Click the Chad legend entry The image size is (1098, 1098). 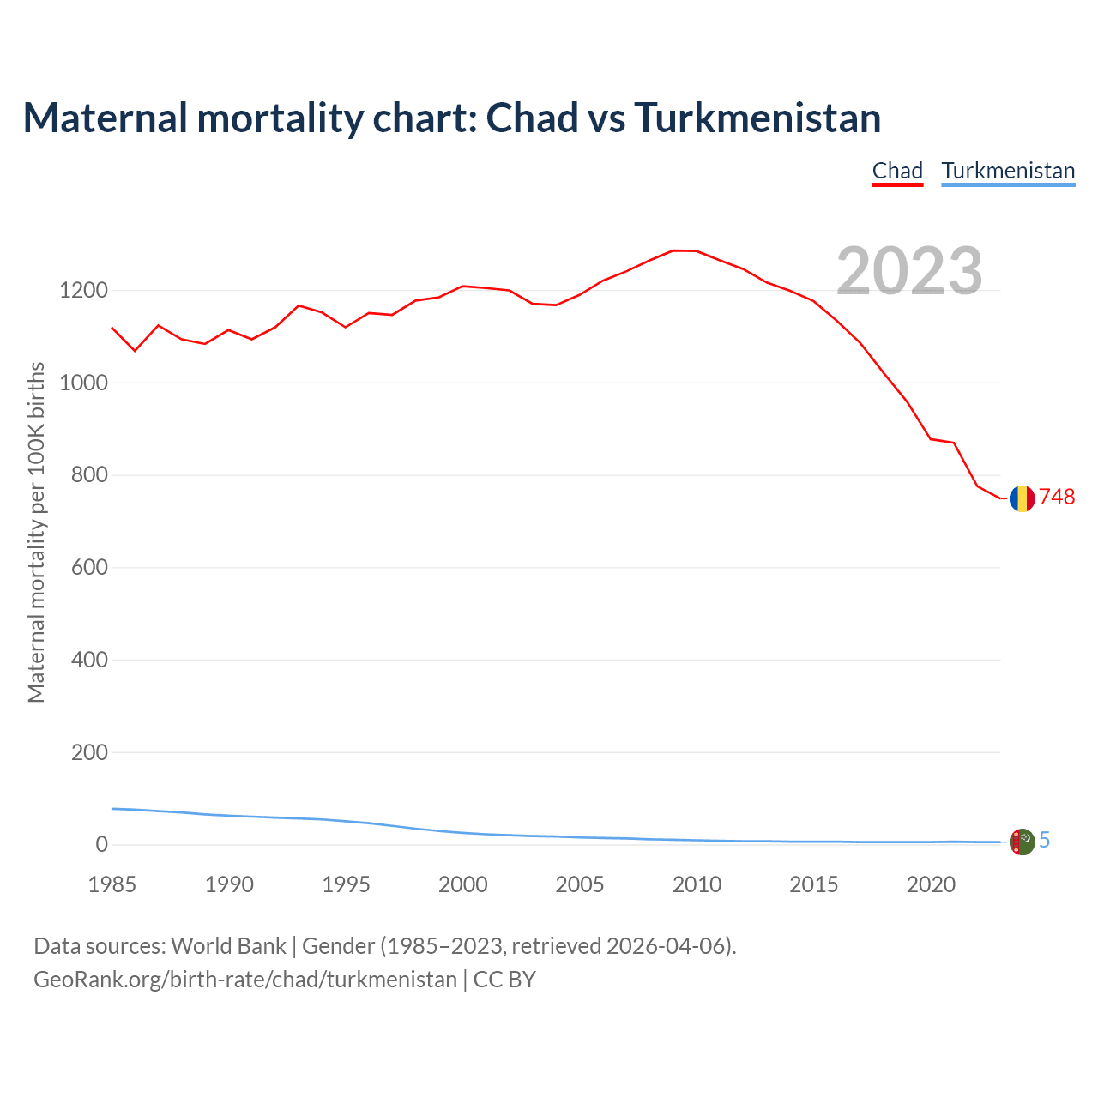point(897,171)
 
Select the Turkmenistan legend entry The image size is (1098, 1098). point(1008,171)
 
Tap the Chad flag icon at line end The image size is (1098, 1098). point(1022,498)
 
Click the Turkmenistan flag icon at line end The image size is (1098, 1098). point(1022,842)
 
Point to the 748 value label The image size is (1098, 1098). point(1057,498)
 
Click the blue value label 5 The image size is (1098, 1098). point(1044,841)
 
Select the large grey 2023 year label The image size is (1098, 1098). point(909,271)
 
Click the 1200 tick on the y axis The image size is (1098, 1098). point(83,291)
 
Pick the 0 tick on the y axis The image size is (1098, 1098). point(102,845)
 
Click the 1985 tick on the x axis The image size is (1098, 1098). point(112,884)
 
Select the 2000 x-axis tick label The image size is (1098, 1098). point(463,884)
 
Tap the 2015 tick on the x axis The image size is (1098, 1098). point(814,884)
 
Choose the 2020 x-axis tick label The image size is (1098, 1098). point(931,884)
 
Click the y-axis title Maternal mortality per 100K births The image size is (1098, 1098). point(36,532)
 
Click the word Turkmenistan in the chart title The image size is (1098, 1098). point(757,118)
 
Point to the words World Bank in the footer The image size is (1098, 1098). point(228,946)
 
